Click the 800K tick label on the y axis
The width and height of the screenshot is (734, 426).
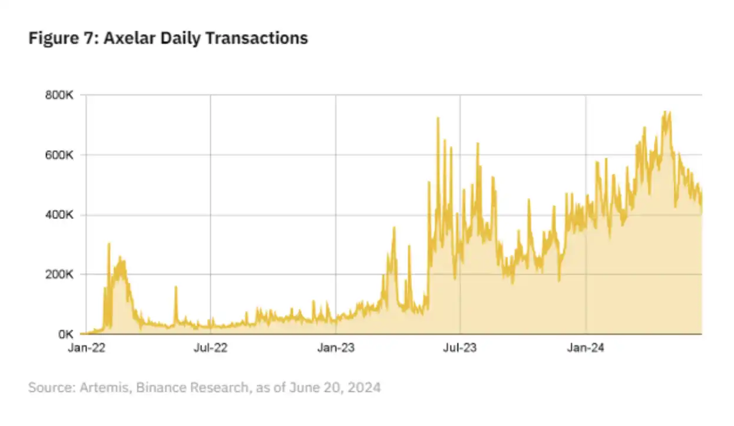tap(58, 95)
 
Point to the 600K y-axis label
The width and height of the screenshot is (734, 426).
tap(58, 155)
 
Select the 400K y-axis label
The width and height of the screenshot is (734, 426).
tap(58, 215)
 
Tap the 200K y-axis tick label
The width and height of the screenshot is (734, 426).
tap(58, 274)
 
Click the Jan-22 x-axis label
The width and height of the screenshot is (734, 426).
tap(86, 349)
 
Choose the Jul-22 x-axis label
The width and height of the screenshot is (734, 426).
tap(210, 349)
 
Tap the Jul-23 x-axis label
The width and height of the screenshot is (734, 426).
tap(459, 349)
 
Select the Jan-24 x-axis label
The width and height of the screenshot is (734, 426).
tap(585, 349)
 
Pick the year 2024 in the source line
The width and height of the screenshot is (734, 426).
tap(364, 388)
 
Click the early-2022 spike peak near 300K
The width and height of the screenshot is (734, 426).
tap(109, 243)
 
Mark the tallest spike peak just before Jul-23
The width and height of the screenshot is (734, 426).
tap(438, 118)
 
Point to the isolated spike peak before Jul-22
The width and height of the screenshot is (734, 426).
tap(176, 287)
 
